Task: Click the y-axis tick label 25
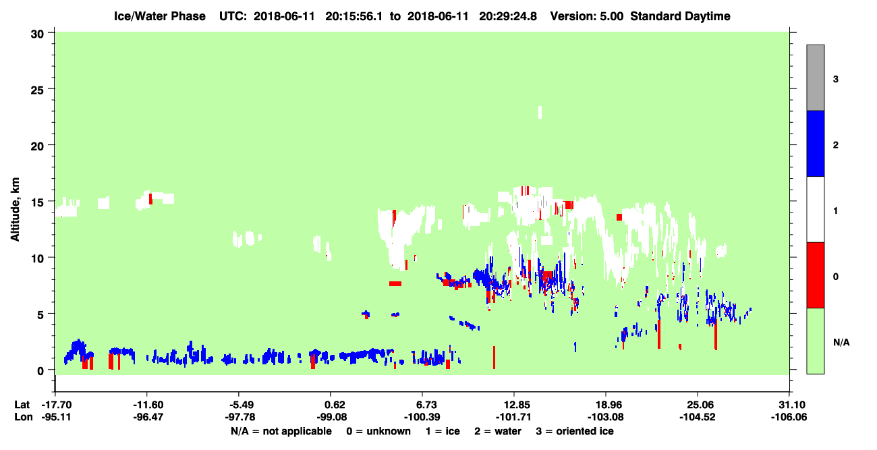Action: [37, 90]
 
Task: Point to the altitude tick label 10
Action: [37, 259]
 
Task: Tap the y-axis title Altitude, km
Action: [15, 209]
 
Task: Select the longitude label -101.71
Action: [513, 417]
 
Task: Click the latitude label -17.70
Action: [57, 405]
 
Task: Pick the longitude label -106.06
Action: [789, 417]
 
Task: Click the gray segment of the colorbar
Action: [816, 78]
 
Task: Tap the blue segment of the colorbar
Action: [816, 143]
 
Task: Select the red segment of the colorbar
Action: [816, 275]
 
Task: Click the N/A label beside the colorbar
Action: [841, 343]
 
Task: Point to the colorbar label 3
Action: [836, 79]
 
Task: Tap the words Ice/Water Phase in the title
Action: [160, 16]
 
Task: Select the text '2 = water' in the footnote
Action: [498, 431]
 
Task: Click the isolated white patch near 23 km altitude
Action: [540, 112]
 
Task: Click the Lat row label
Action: [22, 405]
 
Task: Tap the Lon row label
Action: [24, 417]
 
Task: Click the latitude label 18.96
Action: [606, 405]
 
